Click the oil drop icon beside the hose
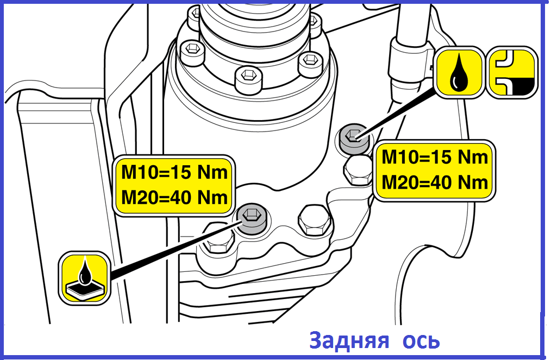459,73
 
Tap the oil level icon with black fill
513,73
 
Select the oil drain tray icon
84,278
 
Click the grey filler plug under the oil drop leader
354,139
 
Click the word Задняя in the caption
349,340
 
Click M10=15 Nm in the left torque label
174,172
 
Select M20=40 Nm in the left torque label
174,197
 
